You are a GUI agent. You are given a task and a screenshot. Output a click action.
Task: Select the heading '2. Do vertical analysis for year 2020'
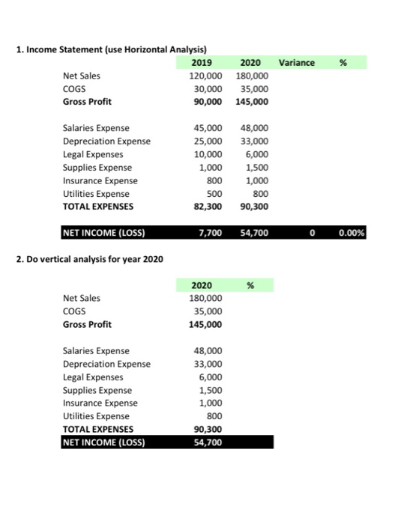click(x=89, y=260)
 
